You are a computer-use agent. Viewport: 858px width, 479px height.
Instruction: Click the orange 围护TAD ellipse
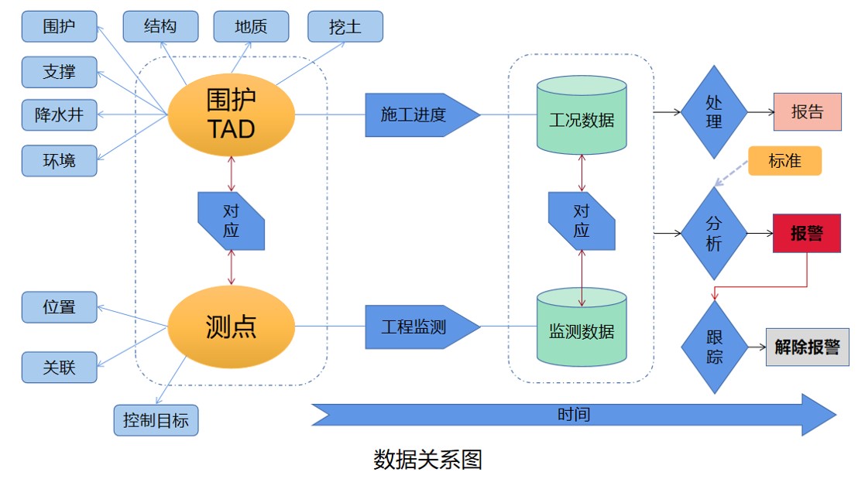tap(232, 114)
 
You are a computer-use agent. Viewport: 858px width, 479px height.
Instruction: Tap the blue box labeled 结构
tap(160, 26)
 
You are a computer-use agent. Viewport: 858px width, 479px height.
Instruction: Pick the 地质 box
tap(251, 26)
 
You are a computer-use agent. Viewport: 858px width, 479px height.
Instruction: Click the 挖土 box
tap(345, 26)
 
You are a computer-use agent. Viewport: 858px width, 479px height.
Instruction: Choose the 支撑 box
tap(59, 73)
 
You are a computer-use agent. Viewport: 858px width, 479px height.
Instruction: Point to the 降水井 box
tap(59, 117)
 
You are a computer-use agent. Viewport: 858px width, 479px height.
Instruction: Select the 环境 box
tap(59, 161)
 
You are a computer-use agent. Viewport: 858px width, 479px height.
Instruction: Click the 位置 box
tap(59, 307)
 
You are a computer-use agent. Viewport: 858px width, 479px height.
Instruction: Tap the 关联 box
tap(59, 367)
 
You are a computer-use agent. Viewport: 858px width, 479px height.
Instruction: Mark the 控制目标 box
tap(156, 421)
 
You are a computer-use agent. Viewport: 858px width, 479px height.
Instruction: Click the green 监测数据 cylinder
tap(582, 329)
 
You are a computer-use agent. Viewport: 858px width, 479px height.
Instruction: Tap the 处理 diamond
tap(713, 112)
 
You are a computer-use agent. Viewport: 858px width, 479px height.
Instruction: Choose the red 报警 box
tap(806, 234)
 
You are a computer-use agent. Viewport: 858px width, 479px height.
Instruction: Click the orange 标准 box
tap(784, 161)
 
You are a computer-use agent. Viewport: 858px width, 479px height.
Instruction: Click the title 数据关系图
tap(428, 460)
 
